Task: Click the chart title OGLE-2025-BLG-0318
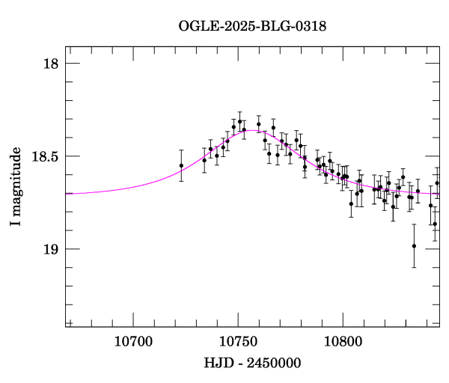(252, 25)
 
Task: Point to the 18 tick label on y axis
(49, 64)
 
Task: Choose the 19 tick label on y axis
(49, 249)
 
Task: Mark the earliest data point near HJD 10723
(181, 165)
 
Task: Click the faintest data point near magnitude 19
(414, 245)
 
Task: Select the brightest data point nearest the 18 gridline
(239, 121)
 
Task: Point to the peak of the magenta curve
(253, 131)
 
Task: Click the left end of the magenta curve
(67, 193)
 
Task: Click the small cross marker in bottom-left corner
(70, 322)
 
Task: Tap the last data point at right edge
(437, 183)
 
